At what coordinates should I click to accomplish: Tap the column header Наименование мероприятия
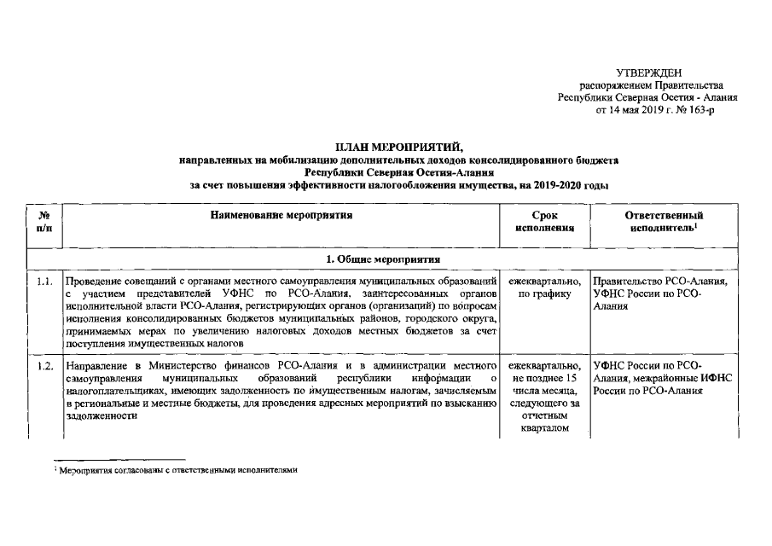(x=282, y=216)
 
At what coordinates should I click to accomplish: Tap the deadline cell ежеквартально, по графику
(x=543, y=287)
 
